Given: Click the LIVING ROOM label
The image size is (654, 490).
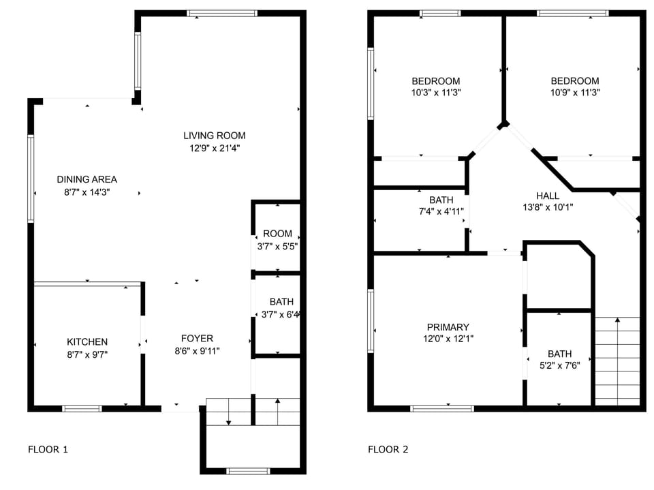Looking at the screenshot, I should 214,135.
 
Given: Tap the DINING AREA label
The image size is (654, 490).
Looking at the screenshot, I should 87,179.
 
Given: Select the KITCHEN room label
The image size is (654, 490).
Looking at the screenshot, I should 87,341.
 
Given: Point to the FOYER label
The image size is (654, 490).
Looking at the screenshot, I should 197,338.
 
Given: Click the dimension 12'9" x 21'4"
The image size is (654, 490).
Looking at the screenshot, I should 214,148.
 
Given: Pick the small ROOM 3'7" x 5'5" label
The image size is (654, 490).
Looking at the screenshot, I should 277,234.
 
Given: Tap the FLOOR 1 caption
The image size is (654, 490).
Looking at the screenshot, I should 48,449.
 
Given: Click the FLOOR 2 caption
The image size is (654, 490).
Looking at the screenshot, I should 388,449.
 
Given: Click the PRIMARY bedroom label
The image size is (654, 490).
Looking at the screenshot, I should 448,327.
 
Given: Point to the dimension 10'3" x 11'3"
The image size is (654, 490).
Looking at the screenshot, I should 436,93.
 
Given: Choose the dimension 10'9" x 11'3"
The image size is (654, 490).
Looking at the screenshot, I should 575,93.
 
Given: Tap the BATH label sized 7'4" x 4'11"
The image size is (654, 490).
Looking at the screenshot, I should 441,200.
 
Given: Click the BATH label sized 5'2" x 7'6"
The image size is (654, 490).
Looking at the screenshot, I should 559,354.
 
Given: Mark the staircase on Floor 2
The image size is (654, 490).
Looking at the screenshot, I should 617,361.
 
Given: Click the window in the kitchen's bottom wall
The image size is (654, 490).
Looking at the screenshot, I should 82,409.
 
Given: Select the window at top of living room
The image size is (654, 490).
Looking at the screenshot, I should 222,13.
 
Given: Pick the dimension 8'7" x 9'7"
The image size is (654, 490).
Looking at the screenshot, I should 87,354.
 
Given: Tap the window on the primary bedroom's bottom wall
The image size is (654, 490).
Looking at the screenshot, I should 442,409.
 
